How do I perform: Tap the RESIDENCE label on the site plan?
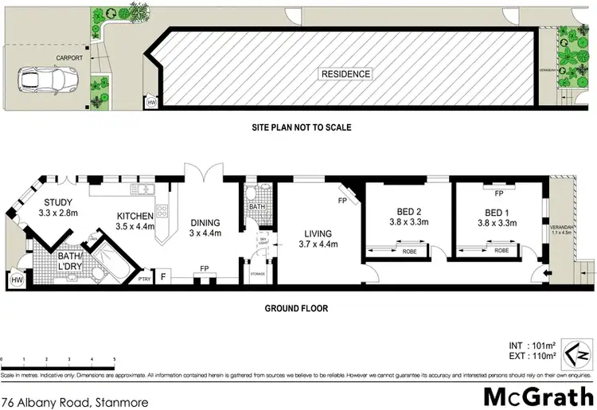tap(345, 74)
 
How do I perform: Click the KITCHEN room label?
tap(135, 216)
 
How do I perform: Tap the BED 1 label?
tap(497, 213)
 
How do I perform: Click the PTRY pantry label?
tap(145, 279)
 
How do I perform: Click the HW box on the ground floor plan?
tap(16, 279)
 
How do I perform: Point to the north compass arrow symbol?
tap(579, 349)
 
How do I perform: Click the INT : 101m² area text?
tap(529, 345)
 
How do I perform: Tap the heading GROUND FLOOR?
tap(298, 308)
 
